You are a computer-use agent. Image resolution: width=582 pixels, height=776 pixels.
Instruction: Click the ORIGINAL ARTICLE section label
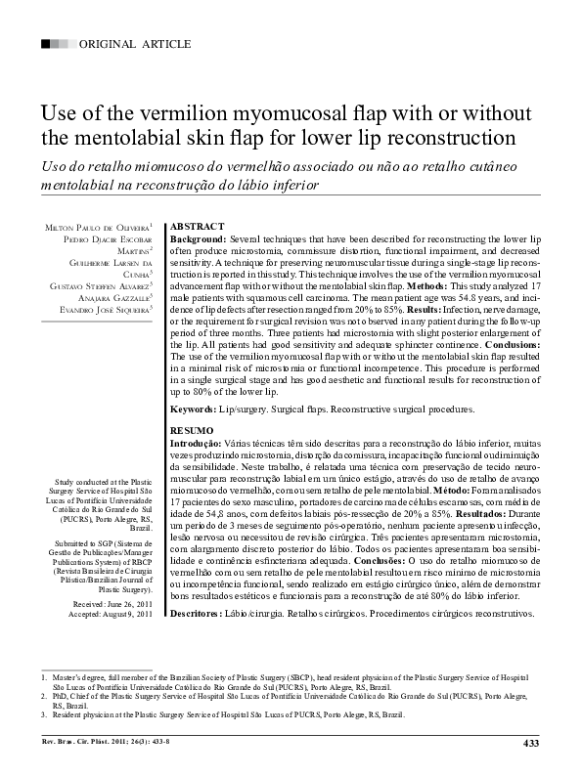[128, 45]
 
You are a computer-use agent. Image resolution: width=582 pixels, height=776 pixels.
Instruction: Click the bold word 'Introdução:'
[201, 443]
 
